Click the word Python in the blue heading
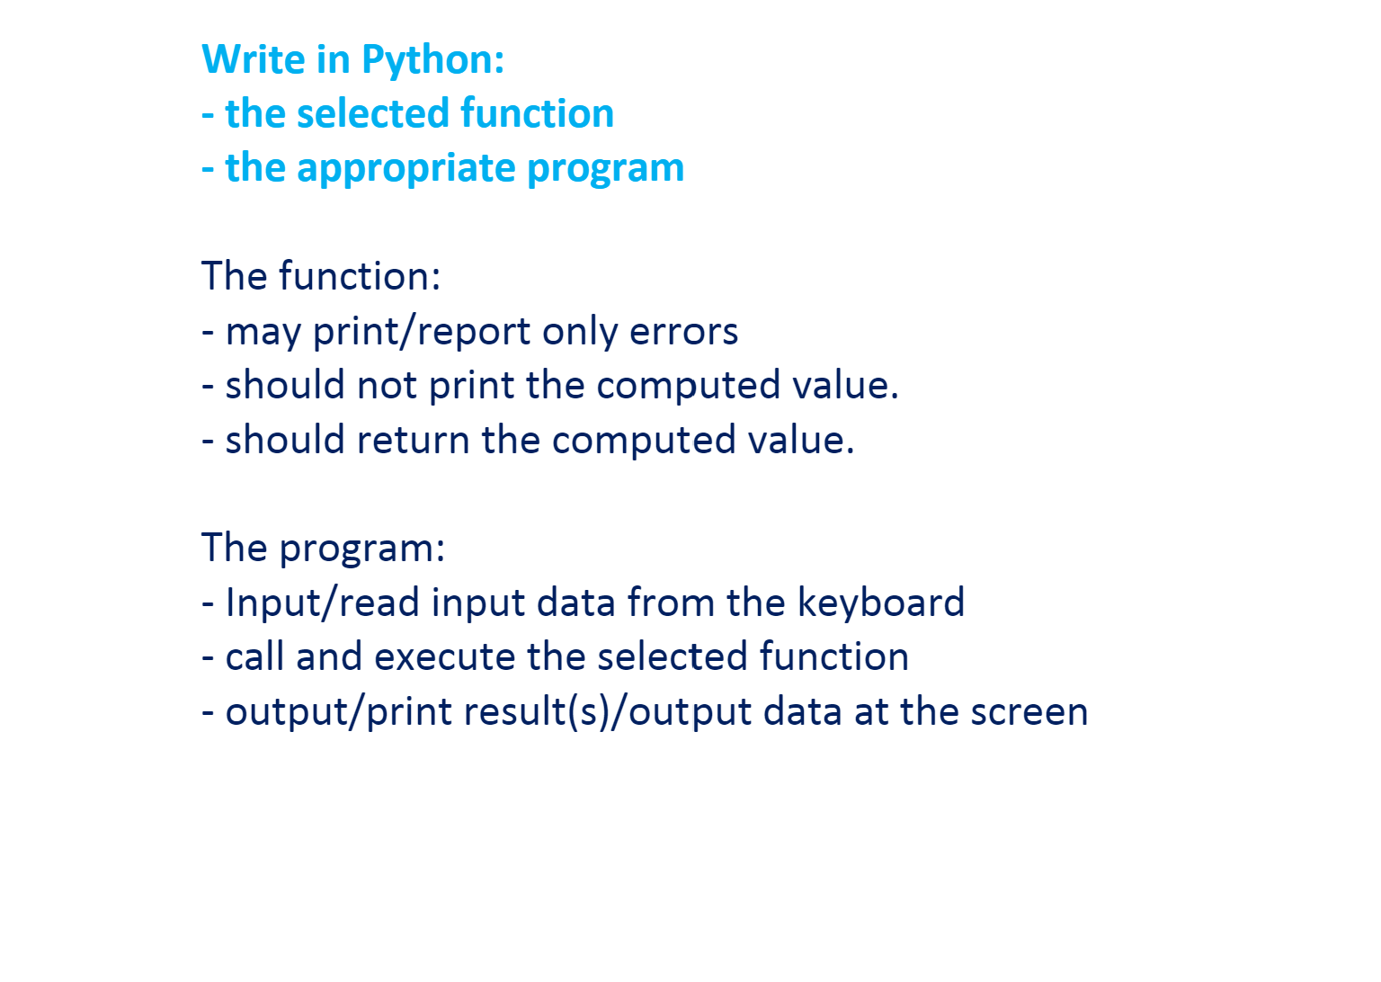[x=432, y=60]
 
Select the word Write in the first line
[x=254, y=60]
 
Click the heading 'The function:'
[x=321, y=276]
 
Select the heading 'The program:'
[x=323, y=548]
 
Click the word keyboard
[x=880, y=603]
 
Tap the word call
[x=254, y=656]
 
